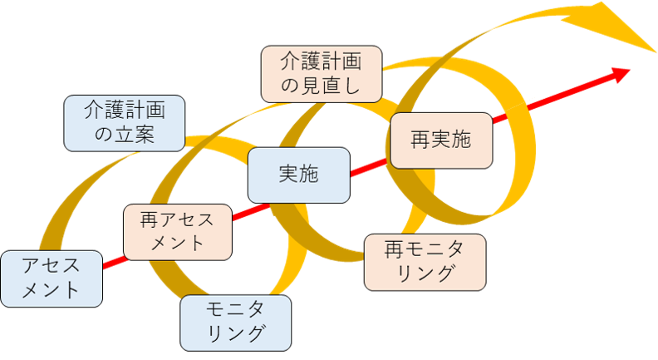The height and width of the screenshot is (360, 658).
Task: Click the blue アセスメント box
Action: pyautogui.click(x=52, y=279)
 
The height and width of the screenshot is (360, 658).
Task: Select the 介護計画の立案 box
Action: pyautogui.click(x=125, y=122)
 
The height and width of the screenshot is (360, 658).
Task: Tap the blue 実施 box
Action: pyautogui.click(x=298, y=175)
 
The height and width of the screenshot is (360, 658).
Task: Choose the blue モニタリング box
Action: pyautogui.click(x=236, y=322)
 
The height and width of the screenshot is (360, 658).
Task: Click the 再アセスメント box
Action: pyautogui.click(x=177, y=231)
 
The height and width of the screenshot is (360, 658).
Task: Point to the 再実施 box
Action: pyautogui.click(x=440, y=140)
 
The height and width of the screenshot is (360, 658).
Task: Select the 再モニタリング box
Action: pyautogui.click(x=425, y=261)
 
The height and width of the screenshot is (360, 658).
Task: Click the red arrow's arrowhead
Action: pyautogui.click(x=622, y=73)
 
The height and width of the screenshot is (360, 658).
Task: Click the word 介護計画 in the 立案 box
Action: pyautogui.click(x=125, y=111)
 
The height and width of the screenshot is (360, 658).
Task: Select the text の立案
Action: pyautogui.click(x=125, y=135)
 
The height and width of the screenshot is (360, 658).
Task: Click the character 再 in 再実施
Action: pyautogui.click(x=420, y=140)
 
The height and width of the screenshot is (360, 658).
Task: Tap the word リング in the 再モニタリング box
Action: pyautogui.click(x=425, y=273)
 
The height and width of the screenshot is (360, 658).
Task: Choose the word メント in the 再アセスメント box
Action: pyautogui.click(x=177, y=244)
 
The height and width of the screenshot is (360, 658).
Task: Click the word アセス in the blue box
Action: pyautogui.click(x=52, y=266)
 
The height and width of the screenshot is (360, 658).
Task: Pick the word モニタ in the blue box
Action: pyautogui.click(x=236, y=310)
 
